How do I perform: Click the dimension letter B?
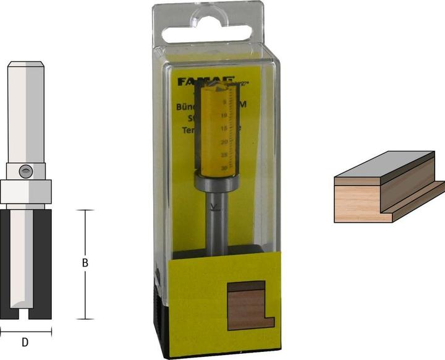point(85,263)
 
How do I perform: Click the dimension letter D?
point(25,341)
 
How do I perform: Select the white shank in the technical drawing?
point(25,111)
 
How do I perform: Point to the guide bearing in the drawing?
point(25,192)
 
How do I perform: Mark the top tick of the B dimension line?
point(85,210)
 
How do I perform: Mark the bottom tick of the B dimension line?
point(85,319)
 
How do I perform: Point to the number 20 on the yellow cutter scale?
point(225,142)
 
